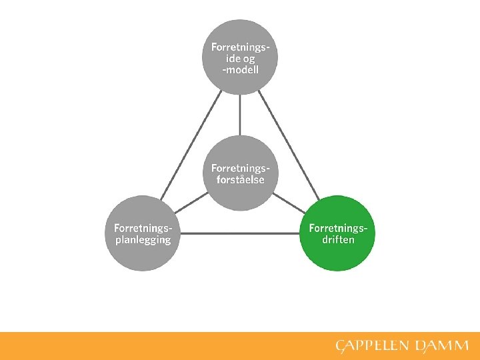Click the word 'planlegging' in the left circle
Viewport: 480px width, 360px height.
pyautogui.click(x=139, y=240)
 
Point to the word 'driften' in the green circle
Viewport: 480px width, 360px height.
pyautogui.click(x=338, y=240)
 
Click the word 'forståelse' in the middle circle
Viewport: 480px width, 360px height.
pyautogui.click(x=240, y=180)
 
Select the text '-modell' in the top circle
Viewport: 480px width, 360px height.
pyautogui.click(x=240, y=70)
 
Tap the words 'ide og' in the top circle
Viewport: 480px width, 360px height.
pyautogui.click(x=240, y=59)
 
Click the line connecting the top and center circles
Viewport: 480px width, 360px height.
pyautogui.click(x=240, y=115)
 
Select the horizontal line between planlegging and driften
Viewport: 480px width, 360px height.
pyautogui.click(x=240, y=233)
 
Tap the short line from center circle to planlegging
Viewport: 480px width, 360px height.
pyautogui.click(x=194, y=201)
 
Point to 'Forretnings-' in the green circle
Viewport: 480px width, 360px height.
pyautogui.click(x=338, y=229)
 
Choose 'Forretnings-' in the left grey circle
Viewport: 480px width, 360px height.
pyautogui.click(x=143, y=229)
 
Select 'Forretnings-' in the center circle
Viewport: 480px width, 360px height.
pyautogui.click(x=240, y=168)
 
